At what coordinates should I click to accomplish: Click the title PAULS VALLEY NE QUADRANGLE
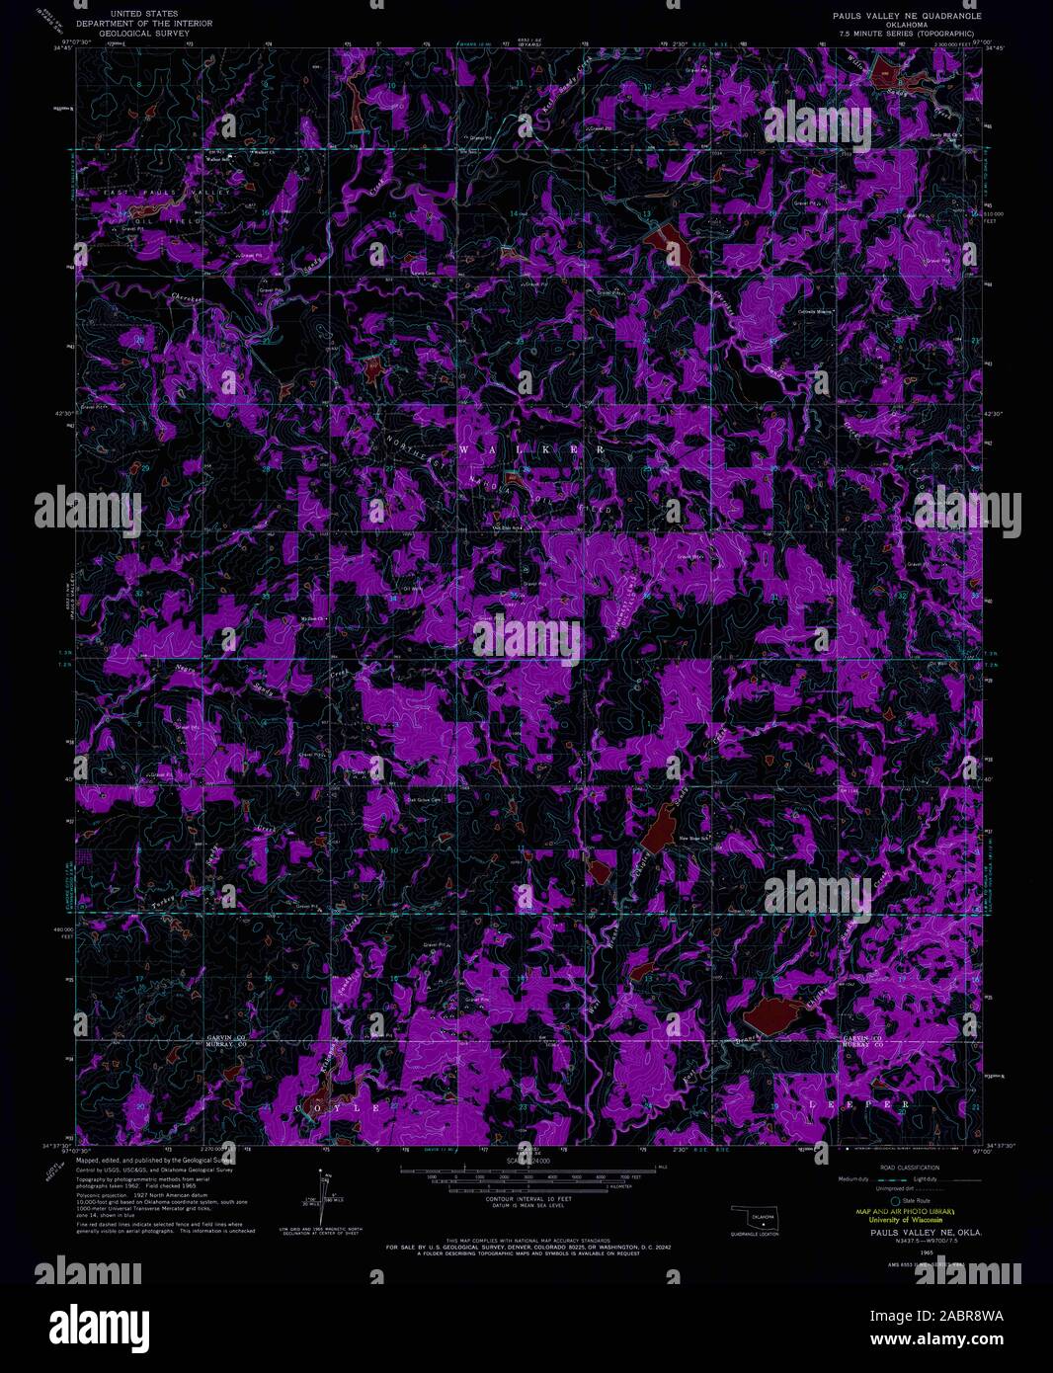tap(906, 17)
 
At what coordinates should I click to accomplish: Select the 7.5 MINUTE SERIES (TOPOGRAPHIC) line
tap(906, 34)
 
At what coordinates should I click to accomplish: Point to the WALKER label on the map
tap(531, 449)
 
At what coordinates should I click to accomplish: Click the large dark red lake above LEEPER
tap(775, 1014)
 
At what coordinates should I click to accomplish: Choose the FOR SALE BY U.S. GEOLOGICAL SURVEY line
tap(527, 1248)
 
